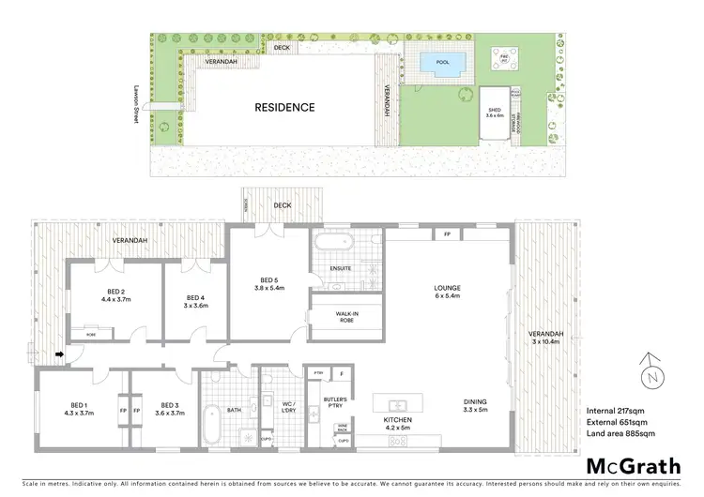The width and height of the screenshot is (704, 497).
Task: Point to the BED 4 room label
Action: pos(194,300)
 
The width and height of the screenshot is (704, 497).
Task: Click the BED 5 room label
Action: pos(272,284)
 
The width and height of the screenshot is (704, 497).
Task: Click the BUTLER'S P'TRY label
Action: pos(336,403)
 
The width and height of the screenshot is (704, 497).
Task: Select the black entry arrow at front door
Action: pos(61,354)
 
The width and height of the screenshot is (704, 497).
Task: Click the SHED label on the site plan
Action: pos(495,112)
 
